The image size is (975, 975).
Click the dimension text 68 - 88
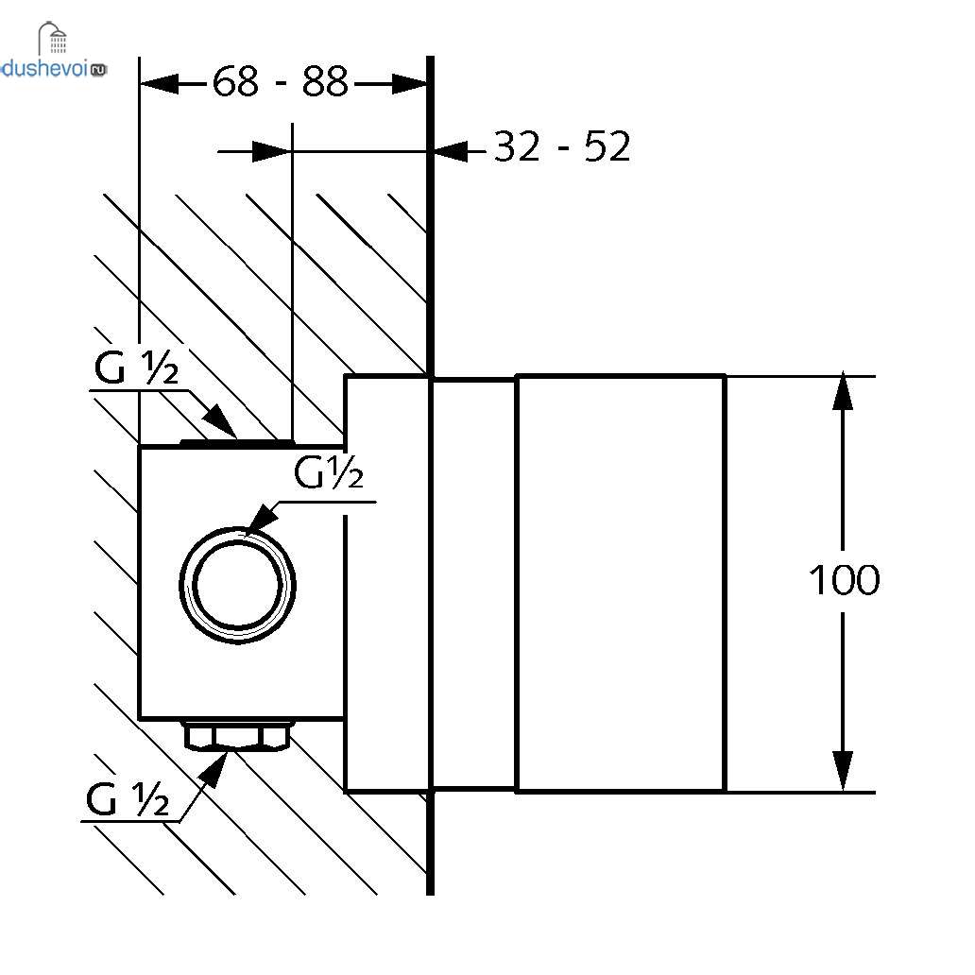pos(281,83)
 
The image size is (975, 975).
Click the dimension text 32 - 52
pos(561,147)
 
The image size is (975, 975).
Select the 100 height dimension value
pos(844,580)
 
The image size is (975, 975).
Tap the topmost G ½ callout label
pos(136,369)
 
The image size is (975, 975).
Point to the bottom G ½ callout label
pos(128,801)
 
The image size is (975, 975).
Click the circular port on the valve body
pos(238,584)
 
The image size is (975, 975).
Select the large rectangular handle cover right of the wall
pos(621,583)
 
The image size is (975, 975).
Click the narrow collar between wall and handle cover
pos(473,583)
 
